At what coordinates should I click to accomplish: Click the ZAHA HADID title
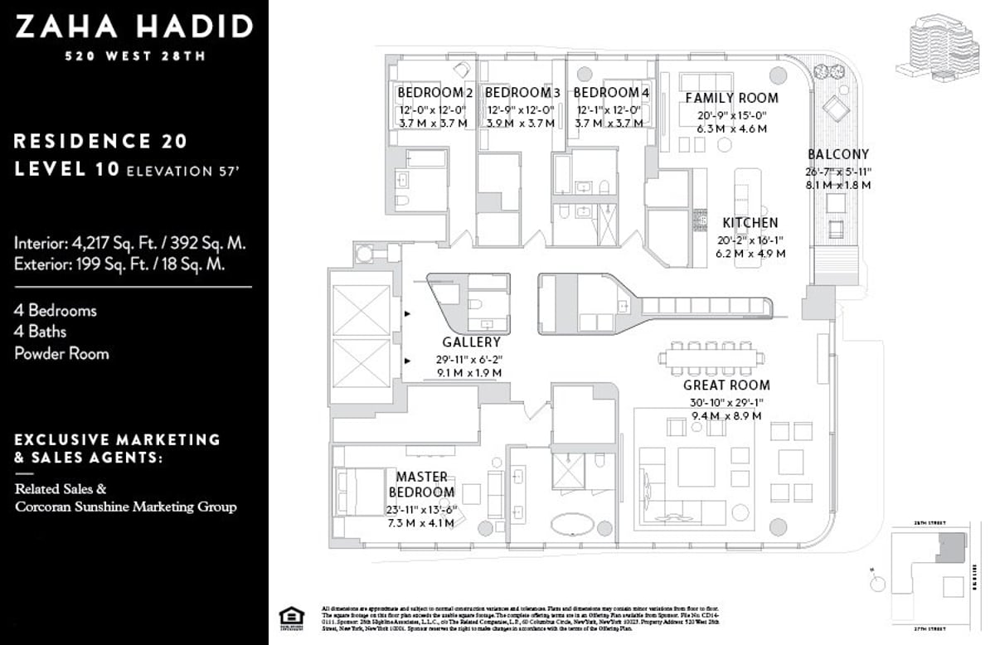[x=133, y=27]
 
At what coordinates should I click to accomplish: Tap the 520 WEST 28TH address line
[x=133, y=56]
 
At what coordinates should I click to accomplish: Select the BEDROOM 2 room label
[x=434, y=92]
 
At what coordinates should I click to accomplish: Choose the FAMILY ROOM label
[x=731, y=98]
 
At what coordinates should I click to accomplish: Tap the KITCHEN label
[x=750, y=222]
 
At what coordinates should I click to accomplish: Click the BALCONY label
[x=838, y=154]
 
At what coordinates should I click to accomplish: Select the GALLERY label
[x=471, y=342]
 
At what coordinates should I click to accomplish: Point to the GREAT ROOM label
[x=726, y=385]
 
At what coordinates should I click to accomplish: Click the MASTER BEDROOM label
[x=421, y=484]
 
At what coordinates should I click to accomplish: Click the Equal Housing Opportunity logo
[x=291, y=618]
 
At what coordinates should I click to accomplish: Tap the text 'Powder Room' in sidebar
[x=61, y=353]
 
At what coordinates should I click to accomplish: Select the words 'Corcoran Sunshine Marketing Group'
[x=125, y=507]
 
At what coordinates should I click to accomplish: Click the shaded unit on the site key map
[x=951, y=548]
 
